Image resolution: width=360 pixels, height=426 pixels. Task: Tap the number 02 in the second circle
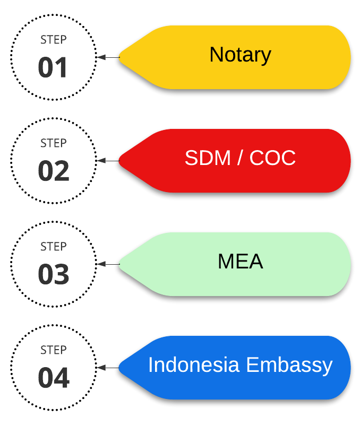pyautogui.click(x=54, y=171)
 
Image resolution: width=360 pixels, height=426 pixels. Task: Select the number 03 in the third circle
pyautogui.click(x=54, y=274)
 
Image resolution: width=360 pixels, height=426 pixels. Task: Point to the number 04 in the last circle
pyautogui.click(x=54, y=378)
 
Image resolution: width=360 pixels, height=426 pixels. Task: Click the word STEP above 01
pyautogui.click(x=54, y=40)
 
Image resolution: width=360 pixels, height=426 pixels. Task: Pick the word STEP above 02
pyautogui.click(x=54, y=143)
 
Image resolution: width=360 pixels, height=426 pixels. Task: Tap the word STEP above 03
pyautogui.click(x=54, y=247)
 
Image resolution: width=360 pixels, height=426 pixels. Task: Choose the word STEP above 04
pyautogui.click(x=54, y=350)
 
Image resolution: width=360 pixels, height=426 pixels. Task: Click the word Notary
pyautogui.click(x=241, y=55)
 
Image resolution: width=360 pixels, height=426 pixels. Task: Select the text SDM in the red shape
pyautogui.click(x=208, y=158)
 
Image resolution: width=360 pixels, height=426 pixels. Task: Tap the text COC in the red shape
pyautogui.click(x=272, y=158)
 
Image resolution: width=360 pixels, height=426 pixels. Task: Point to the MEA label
pyautogui.click(x=241, y=262)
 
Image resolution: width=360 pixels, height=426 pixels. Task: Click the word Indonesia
pyautogui.click(x=194, y=364)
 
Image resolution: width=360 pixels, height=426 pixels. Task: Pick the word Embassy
pyautogui.click(x=289, y=366)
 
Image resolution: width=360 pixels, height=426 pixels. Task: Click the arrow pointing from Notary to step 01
pyautogui.click(x=108, y=57)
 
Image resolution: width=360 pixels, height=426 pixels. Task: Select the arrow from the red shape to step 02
pyautogui.click(x=108, y=161)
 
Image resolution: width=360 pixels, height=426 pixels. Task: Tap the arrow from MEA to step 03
pyautogui.click(x=108, y=264)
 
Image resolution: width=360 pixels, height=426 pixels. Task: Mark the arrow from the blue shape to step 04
pyautogui.click(x=108, y=368)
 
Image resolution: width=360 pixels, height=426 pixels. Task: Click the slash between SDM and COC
pyautogui.click(x=240, y=158)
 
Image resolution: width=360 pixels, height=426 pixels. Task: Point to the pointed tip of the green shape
pyautogui.click(x=119, y=264)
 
